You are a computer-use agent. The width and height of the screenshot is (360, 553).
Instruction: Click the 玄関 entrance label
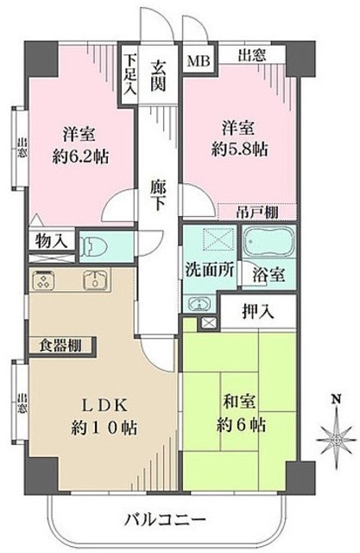(x=158, y=76)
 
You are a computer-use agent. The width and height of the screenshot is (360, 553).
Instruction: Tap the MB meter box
(x=199, y=61)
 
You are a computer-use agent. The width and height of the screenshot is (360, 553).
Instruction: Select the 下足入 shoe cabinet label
(x=130, y=75)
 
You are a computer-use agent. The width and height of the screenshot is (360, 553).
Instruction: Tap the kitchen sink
(x=94, y=280)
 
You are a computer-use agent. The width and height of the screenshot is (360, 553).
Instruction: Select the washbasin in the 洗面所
(x=199, y=303)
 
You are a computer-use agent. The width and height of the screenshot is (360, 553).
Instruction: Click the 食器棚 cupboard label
(x=60, y=346)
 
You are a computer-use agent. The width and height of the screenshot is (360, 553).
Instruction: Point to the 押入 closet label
(x=258, y=311)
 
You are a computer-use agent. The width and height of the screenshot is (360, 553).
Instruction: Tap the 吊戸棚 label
(x=257, y=212)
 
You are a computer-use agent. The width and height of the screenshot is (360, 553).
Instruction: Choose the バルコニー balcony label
(x=165, y=520)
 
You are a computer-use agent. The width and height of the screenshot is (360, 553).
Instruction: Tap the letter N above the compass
(x=337, y=399)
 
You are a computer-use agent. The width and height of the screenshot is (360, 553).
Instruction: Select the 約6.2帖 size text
(x=80, y=156)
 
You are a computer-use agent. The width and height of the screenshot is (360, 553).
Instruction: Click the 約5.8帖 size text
(x=239, y=149)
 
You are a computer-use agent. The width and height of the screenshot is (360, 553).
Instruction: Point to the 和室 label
(x=239, y=402)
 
